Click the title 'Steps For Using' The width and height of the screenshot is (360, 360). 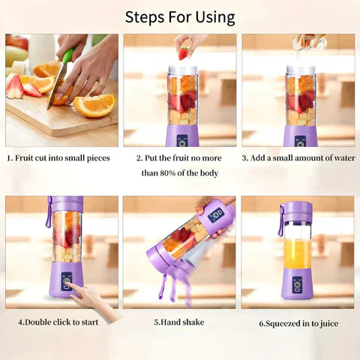(x=180, y=16)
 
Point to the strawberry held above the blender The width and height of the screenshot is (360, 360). (x=183, y=52)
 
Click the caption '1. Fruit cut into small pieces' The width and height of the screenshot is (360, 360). (x=58, y=158)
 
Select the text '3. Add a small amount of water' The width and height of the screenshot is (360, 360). (x=298, y=158)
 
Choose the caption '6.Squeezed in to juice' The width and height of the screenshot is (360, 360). (x=298, y=323)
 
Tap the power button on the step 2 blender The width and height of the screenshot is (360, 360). (x=182, y=139)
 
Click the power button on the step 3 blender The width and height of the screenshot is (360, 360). (x=300, y=139)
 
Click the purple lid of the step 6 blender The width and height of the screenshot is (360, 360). (x=298, y=211)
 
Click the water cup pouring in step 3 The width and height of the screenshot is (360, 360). (x=309, y=42)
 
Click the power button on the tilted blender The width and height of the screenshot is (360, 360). (x=216, y=214)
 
